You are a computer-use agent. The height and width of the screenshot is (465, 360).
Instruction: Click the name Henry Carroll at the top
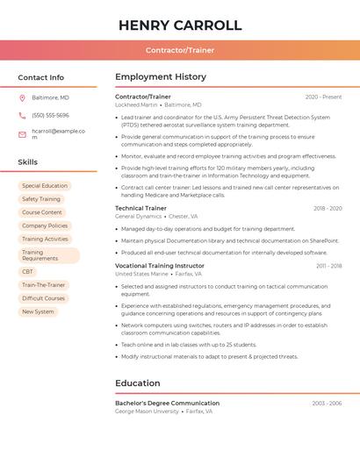[180, 25]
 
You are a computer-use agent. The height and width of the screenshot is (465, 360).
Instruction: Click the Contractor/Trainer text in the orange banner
[180, 50]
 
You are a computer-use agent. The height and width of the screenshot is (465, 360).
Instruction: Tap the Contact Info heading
[41, 77]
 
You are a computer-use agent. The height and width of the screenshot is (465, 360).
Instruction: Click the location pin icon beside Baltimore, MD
[22, 97]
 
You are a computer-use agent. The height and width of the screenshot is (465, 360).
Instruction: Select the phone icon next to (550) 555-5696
[22, 115]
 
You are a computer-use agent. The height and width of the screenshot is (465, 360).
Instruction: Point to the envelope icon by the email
[22, 134]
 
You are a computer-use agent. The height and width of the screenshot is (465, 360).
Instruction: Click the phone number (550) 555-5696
[50, 115]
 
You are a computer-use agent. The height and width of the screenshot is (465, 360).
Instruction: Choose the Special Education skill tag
[45, 186]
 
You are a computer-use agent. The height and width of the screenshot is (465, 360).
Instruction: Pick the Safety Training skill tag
[41, 199]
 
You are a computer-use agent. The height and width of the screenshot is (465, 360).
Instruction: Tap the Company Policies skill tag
[45, 225]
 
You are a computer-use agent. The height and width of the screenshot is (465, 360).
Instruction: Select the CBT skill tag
[28, 272]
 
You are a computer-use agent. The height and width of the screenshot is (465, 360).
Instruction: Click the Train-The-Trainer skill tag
[44, 285]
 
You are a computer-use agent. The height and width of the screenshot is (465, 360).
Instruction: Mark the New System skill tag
[38, 311]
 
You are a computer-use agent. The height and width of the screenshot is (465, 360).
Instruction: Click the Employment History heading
[161, 77]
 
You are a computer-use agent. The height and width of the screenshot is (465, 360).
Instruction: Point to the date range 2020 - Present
[323, 97]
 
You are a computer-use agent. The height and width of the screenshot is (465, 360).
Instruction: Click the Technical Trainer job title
[140, 208]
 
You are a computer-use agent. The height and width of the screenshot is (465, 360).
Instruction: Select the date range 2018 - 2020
[328, 208]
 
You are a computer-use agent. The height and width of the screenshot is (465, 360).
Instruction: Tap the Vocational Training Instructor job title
[159, 265]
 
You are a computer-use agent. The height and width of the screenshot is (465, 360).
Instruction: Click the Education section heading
[138, 383]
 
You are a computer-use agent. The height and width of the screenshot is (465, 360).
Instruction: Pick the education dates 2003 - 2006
[327, 403]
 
